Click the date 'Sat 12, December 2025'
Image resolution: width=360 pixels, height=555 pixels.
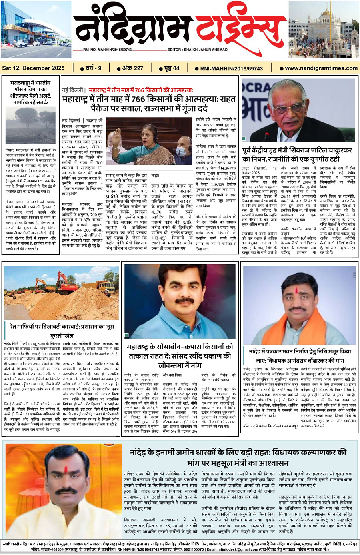coord(33,68)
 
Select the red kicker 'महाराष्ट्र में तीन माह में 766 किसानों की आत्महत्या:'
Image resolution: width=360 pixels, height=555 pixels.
coord(140,90)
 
